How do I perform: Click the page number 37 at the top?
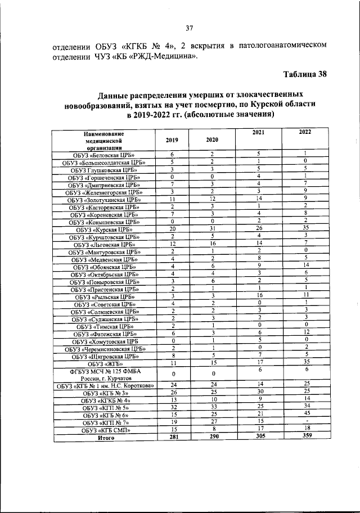click(190, 29)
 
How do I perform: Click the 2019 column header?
click(172, 139)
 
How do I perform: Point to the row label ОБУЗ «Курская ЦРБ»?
click(104, 230)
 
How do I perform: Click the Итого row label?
click(104, 438)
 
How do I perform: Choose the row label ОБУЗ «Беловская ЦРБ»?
click(104, 155)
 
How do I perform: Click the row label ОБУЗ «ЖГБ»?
click(104, 364)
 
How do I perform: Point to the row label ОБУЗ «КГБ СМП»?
click(104, 430)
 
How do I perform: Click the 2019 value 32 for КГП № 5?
click(172, 407)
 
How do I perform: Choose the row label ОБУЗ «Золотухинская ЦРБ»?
click(104, 200)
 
